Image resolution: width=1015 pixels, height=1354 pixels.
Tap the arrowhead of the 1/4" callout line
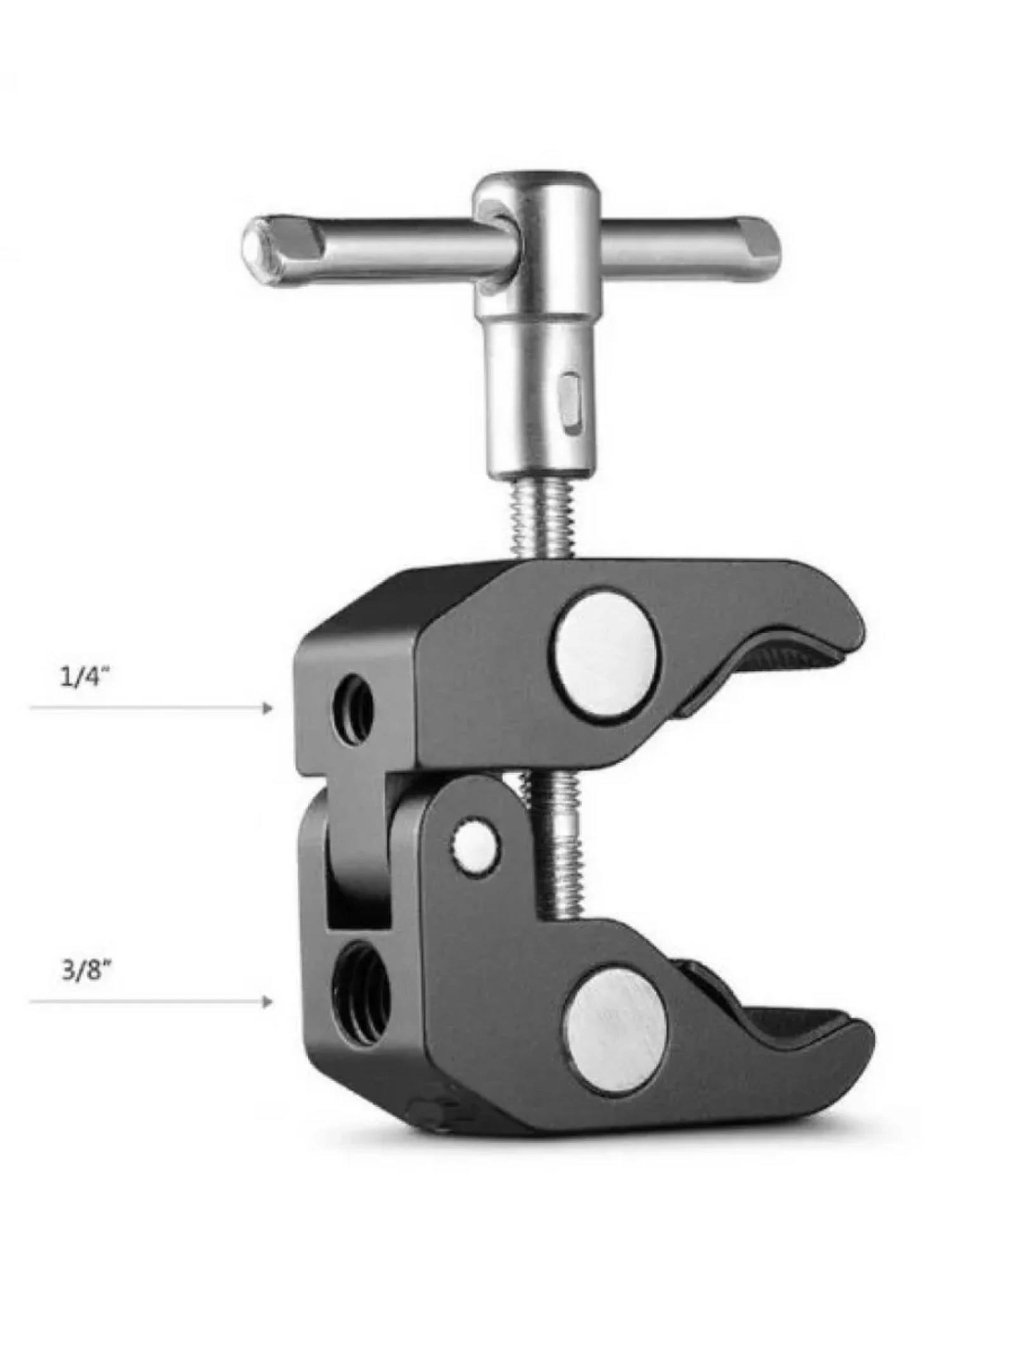268,707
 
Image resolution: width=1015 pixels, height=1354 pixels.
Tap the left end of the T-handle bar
260,249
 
